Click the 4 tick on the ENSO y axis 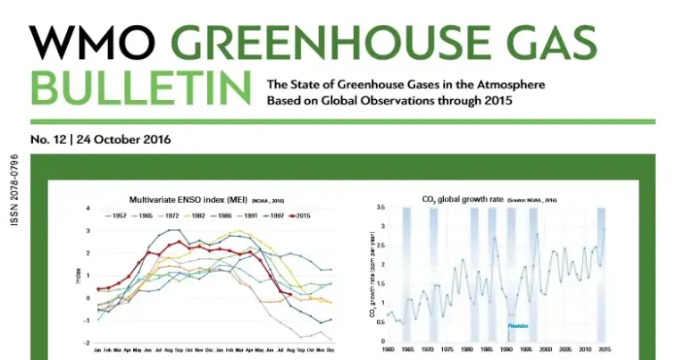(88, 208)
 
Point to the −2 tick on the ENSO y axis (87, 343)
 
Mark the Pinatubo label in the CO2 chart (517, 326)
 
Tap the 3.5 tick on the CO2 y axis (380, 207)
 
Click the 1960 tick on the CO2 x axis (388, 348)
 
